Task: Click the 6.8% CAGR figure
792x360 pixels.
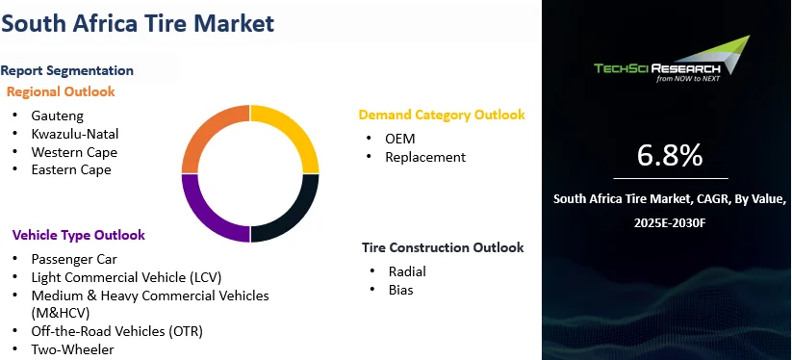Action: click(669, 156)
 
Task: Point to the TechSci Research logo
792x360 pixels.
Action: click(672, 59)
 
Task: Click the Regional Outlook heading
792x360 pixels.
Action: click(61, 91)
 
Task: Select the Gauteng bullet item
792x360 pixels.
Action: click(57, 116)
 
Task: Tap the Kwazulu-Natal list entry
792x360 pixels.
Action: click(75, 134)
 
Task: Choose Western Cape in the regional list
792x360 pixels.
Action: click(74, 152)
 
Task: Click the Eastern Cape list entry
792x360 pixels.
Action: click(71, 169)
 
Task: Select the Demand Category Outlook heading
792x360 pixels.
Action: click(442, 116)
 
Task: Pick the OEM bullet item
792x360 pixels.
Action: click(400, 139)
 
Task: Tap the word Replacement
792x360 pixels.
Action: click(425, 157)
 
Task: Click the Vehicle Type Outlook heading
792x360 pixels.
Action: click(79, 235)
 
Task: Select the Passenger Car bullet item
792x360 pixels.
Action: click(74, 260)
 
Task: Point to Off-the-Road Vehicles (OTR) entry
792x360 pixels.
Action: click(116, 331)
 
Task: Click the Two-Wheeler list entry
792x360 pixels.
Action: click(73, 349)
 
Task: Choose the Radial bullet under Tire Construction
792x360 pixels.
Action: click(407, 271)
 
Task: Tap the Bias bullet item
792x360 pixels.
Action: click(400, 290)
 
